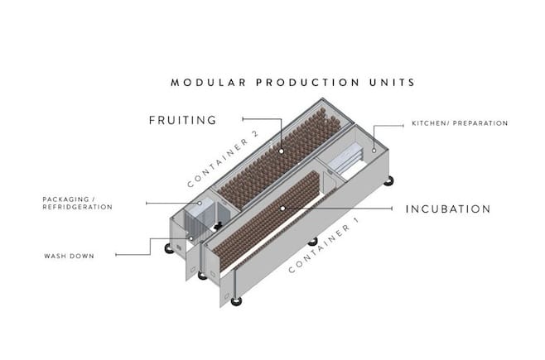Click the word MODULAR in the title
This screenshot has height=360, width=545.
point(209,83)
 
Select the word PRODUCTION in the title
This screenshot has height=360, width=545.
point(307,83)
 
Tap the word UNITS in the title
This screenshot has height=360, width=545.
point(392,83)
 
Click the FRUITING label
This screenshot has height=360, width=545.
point(183,120)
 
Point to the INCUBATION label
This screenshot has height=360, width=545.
point(448,209)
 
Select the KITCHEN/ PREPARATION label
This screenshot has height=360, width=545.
point(460,123)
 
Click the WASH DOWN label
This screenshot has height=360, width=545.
point(70,257)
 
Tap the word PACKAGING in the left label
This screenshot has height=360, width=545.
point(65,199)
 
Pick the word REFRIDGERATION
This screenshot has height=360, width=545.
point(78,207)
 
